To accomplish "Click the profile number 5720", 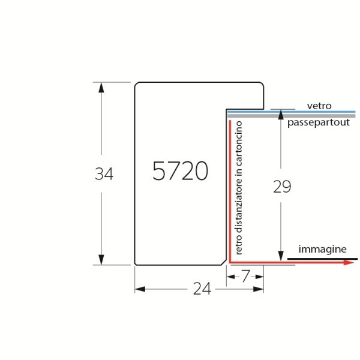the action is click(x=180, y=171).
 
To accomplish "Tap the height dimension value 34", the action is click(x=104, y=174).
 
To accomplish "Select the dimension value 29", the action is click(x=282, y=187).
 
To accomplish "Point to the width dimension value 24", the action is click(x=202, y=289).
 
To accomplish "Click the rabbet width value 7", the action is click(x=245, y=276).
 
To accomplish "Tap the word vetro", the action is click(x=319, y=106).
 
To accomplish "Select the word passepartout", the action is click(x=319, y=122).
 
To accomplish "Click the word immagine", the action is click(x=322, y=250).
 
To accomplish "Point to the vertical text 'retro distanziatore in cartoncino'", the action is click(x=238, y=188).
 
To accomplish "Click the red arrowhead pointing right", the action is click(x=349, y=262).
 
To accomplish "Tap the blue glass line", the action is click(x=291, y=112).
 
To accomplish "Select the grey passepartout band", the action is click(x=291, y=116).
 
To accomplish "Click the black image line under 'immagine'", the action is click(x=322, y=259).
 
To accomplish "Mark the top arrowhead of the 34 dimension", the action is click(x=101, y=88).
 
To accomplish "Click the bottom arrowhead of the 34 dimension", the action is click(x=101, y=259).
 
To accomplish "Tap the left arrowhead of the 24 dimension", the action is click(x=140, y=289).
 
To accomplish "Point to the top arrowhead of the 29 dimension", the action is click(x=281, y=115).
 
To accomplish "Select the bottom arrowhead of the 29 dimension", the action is click(x=281, y=256).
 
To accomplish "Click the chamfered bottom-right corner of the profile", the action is click(x=224, y=262).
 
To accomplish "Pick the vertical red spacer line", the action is click(x=230, y=191).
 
